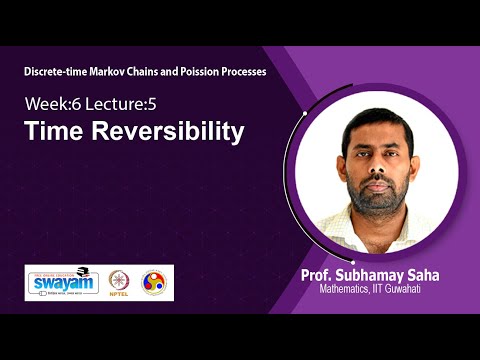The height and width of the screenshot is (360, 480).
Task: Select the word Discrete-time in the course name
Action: click(x=60, y=73)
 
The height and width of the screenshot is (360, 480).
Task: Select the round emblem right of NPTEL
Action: click(x=154, y=282)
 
